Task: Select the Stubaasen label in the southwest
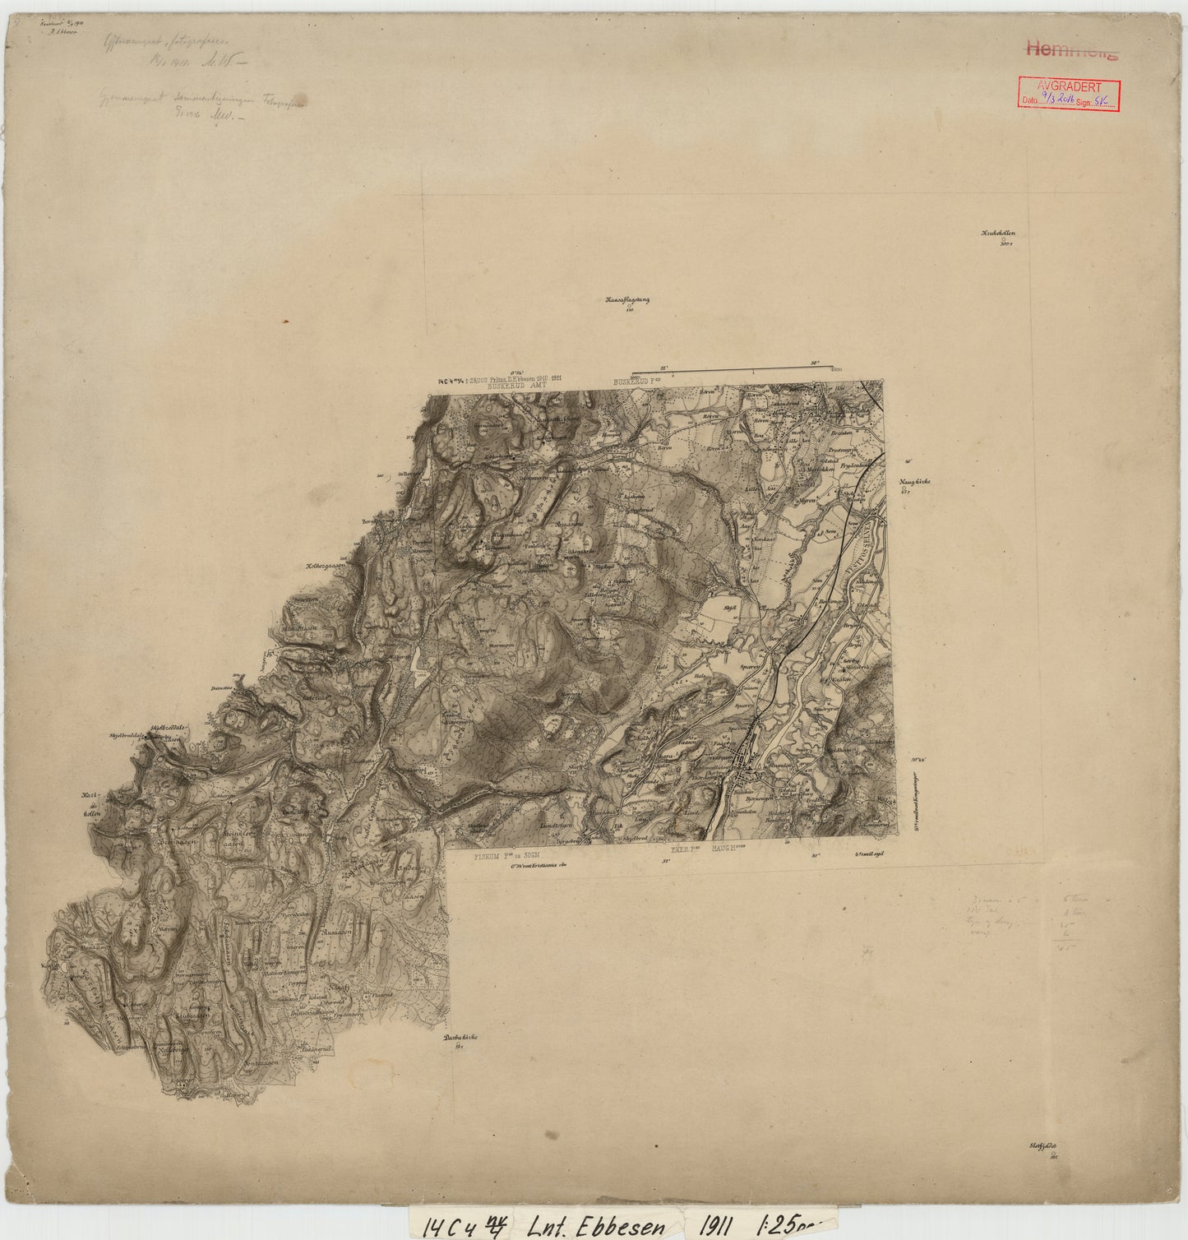(195, 1015)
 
